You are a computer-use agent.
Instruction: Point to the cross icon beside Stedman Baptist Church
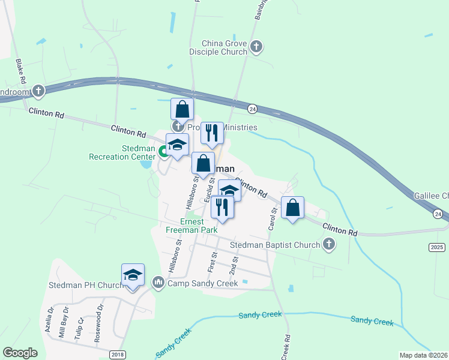pyautogui.click(x=328, y=244)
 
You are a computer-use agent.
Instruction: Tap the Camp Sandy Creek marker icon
pyautogui.click(x=158, y=281)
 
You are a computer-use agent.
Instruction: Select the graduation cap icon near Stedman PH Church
pyautogui.click(x=133, y=275)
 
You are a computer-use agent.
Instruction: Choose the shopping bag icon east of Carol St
pyautogui.click(x=292, y=208)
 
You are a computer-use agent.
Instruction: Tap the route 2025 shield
pyautogui.click(x=438, y=247)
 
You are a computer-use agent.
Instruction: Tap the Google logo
pyautogui.click(x=20, y=353)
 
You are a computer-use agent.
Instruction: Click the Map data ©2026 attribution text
pyautogui.click(x=423, y=355)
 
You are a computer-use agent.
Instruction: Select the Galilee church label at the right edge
pyautogui.click(x=431, y=196)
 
